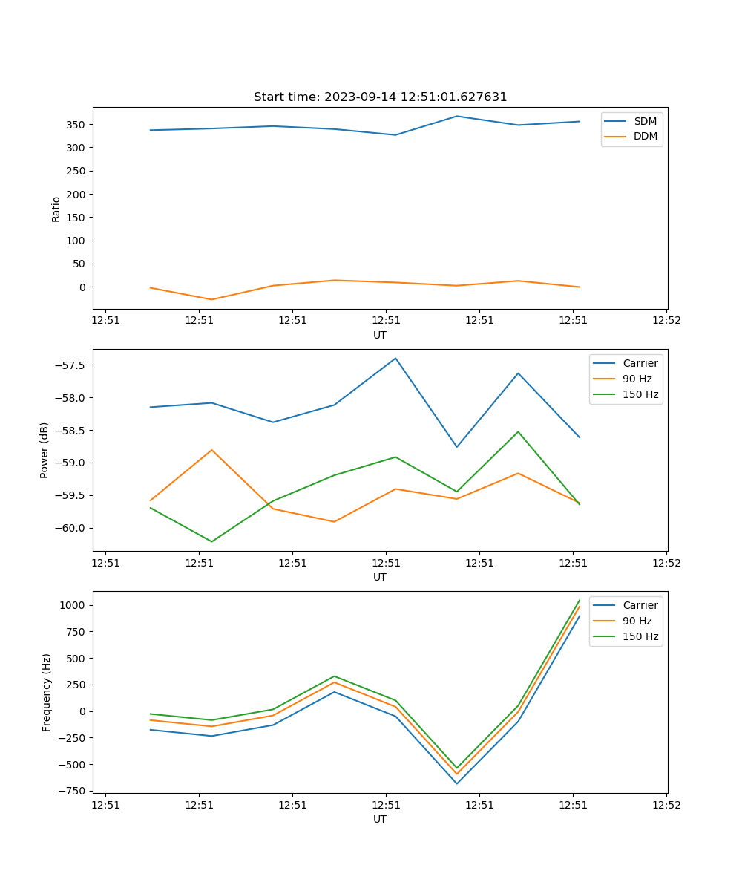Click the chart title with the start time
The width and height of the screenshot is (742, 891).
pos(380,97)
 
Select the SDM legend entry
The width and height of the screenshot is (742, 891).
pos(644,121)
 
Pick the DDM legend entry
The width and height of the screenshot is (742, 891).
pos(644,137)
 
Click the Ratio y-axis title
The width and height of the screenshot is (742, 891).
pos(56,209)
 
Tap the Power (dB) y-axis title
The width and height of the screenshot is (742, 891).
pos(45,450)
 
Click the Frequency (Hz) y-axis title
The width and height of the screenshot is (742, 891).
pos(46,692)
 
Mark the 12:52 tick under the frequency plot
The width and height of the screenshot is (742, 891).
pos(666,805)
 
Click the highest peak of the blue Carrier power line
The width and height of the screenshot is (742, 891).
pos(395,358)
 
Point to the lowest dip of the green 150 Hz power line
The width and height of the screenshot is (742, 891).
pos(212,541)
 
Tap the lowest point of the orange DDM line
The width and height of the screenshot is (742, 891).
pos(212,300)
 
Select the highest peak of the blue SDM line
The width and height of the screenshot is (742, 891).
pos(457,116)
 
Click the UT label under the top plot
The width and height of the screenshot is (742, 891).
pos(380,335)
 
